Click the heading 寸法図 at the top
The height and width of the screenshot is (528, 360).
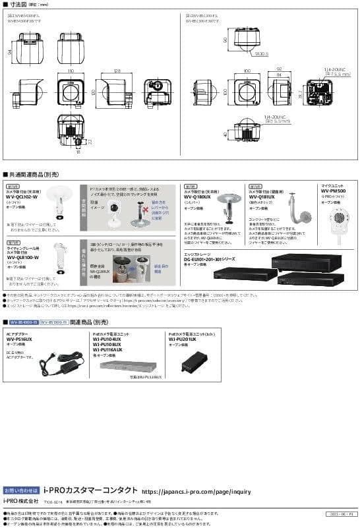click(19, 5)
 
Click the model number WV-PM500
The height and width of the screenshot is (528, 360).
click(334, 191)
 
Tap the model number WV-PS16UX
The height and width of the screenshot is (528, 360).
click(20, 339)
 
